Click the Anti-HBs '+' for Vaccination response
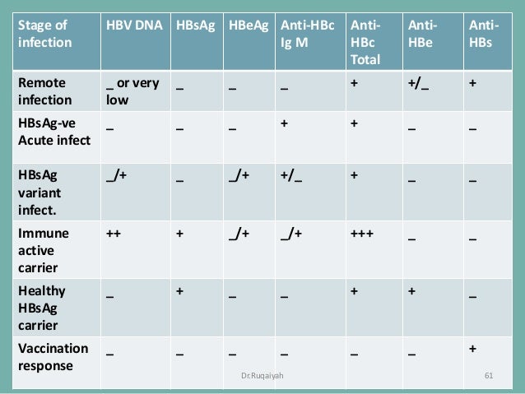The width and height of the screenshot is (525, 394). pos(472,348)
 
